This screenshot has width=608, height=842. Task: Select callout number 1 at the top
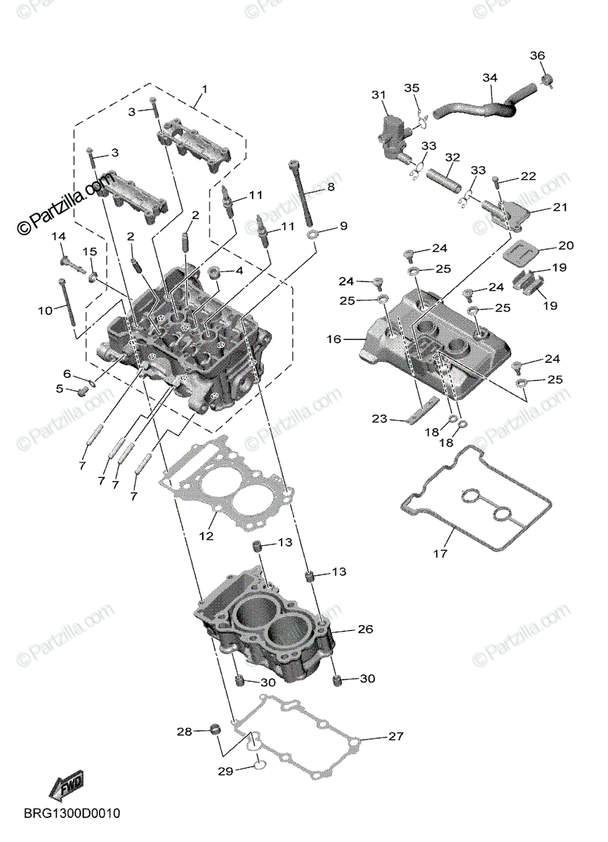[x=204, y=89]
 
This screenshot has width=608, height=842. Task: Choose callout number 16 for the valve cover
[x=333, y=339]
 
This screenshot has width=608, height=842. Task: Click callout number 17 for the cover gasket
[x=440, y=554]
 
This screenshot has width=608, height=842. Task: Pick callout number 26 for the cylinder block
[x=364, y=629]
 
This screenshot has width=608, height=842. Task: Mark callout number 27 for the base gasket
[x=396, y=737]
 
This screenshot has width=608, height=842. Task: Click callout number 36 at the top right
[x=536, y=55]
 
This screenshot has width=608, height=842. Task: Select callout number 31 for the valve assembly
[x=379, y=95]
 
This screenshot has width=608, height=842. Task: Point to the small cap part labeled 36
[x=550, y=81]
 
